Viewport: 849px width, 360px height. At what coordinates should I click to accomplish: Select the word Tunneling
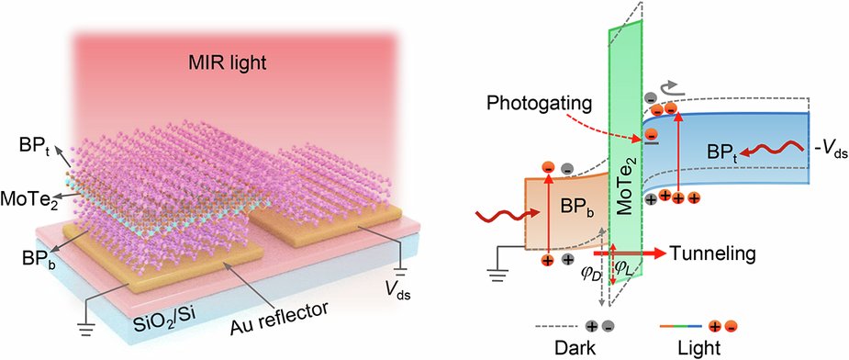(705, 252)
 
